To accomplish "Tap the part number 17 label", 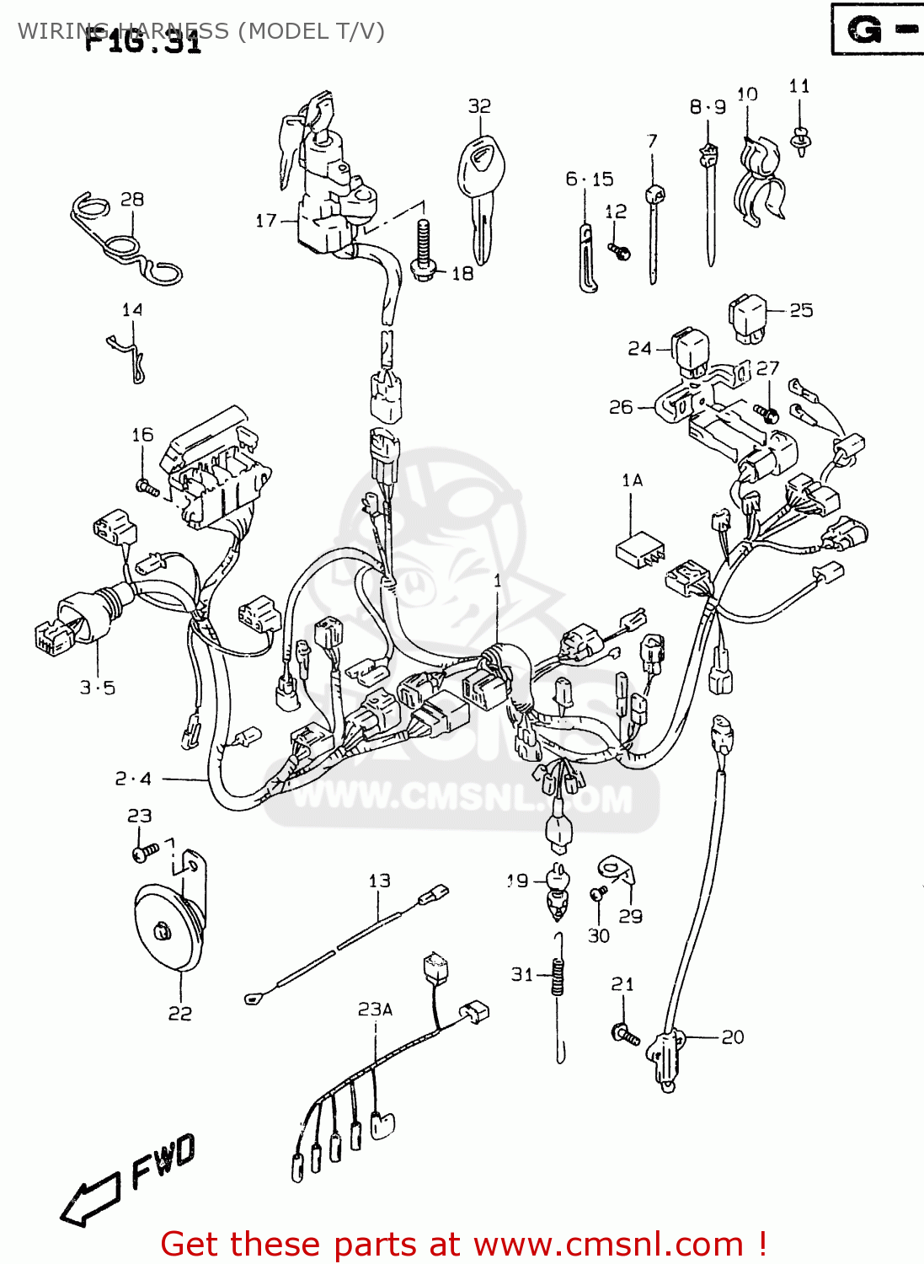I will pos(266,221).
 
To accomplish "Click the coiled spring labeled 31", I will pos(558,977).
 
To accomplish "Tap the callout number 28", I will pos(132,200).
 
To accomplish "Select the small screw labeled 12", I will pos(621,251).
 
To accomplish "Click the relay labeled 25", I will pos(748,319).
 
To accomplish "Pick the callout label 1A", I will pos(632,480).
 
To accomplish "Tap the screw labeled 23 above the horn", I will pos(145,853).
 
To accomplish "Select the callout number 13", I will pos(379,881).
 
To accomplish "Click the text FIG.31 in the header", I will pos(143,40).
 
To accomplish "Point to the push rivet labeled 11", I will pos(799,139).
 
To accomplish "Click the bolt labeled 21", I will pos(626,1034).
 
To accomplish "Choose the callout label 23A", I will pos(375,1010).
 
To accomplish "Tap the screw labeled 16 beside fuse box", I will pos(147,487).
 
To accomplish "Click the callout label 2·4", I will pos(133,779).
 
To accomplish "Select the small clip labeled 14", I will pos(129,354).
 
